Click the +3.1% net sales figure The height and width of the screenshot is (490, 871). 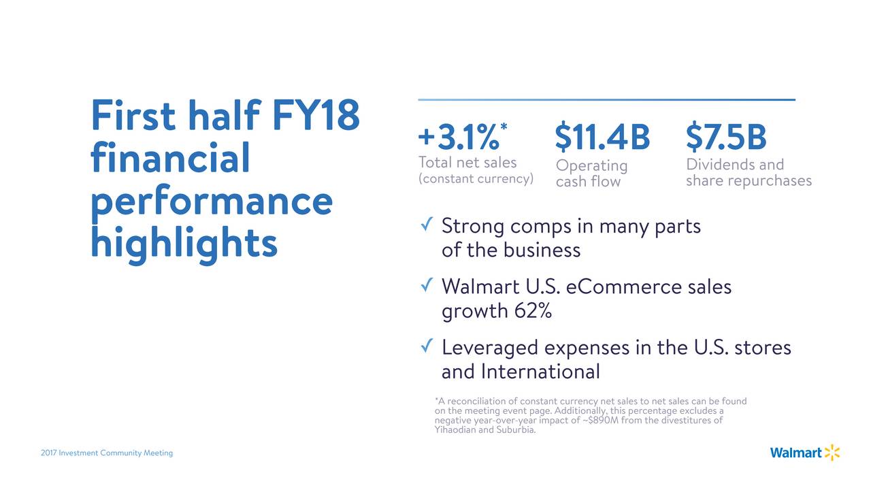pos(459,137)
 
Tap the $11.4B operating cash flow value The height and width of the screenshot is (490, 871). pos(602,136)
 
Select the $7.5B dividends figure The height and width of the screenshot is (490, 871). pos(726,136)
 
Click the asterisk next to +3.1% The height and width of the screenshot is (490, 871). pos(504,127)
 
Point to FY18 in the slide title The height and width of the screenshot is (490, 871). pos(316,115)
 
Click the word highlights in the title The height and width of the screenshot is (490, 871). pos(184,243)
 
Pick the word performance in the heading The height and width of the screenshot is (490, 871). pos(212,201)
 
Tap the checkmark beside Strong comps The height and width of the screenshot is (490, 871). pos(427,224)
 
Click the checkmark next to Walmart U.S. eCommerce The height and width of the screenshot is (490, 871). pos(427,284)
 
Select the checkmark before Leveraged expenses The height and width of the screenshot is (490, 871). pos(427,345)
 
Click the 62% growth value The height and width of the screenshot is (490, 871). pos(533,311)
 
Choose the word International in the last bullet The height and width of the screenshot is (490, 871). pos(540,372)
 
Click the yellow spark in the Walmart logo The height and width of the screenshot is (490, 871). pos(832,453)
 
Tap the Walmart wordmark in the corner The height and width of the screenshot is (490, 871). pos(796,453)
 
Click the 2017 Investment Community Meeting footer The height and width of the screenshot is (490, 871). pos(107,453)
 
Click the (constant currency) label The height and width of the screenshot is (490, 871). pos(476,178)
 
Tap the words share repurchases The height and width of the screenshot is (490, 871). pos(749,180)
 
